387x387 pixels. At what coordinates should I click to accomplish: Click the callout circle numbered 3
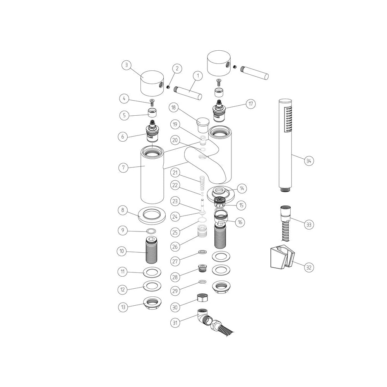click(125, 65)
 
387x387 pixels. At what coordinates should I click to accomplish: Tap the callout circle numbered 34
click(308, 161)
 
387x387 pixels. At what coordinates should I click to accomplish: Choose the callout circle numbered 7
click(123, 168)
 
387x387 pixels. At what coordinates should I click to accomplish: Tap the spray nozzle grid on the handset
click(288, 120)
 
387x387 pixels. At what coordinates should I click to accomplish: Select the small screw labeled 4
click(152, 102)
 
